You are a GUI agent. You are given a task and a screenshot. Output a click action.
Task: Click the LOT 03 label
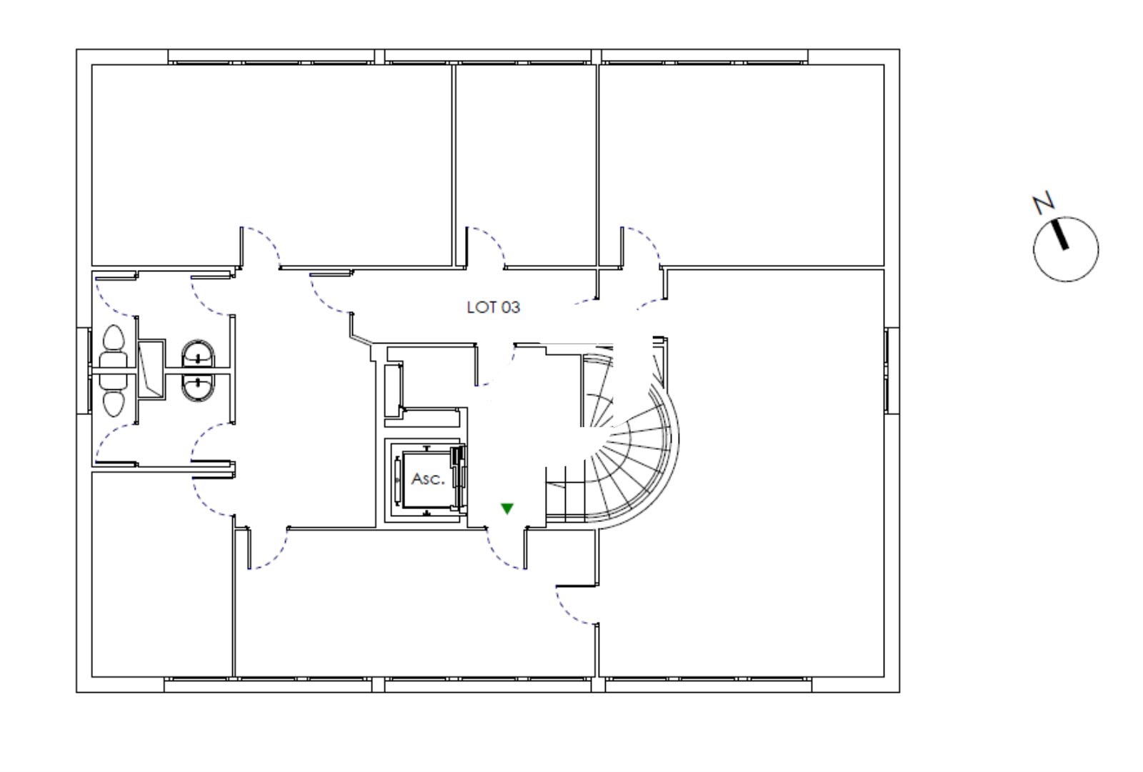click(x=494, y=307)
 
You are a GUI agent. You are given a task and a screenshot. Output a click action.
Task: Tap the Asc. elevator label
click(x=428, y=479)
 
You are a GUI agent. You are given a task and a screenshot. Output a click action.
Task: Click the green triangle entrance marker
click(x=506, y=508)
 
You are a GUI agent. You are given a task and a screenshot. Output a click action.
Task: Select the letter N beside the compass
click(x=1044, y=203)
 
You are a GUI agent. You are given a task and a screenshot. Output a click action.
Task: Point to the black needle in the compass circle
click(x=1058, y=234)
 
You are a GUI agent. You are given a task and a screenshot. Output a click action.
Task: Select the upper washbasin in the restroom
click(x=198, y=354)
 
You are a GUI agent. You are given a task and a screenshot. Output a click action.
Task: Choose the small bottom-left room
click(x=162, y=574)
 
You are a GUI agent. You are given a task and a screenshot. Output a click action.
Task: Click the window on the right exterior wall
click(x=892, y=371)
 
